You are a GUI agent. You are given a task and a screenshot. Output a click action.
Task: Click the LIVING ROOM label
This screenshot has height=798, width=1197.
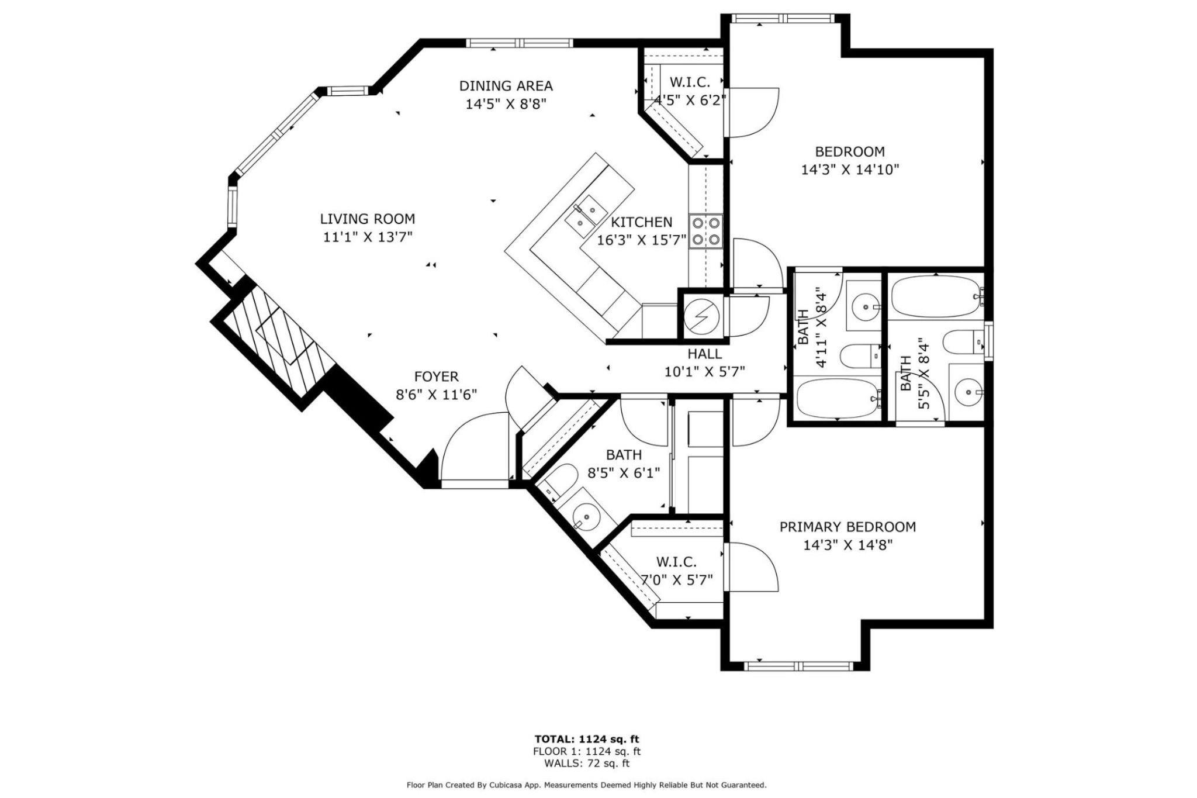click(x=368, y=219)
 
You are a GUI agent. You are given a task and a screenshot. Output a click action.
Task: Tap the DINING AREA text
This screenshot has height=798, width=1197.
click(x=506, y=86)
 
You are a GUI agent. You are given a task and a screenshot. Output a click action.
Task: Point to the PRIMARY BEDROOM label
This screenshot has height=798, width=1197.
click(x=847, y=527)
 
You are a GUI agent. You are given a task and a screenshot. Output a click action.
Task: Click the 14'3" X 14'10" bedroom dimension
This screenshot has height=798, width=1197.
click(x=850, y=170)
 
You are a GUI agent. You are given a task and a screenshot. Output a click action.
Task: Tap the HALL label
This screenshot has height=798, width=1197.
click(x=704, y=354)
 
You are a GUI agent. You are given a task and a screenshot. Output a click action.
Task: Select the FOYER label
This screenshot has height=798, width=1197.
click(x=437, y=377)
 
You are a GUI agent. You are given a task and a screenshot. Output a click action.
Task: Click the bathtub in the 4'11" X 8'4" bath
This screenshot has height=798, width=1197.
click(x=838, y=399)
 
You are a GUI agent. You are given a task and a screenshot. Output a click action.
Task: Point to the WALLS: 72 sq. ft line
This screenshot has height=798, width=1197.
click(x=587, y=763)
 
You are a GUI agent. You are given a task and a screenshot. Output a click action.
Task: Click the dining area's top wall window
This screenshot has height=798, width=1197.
click(x=520, y=43)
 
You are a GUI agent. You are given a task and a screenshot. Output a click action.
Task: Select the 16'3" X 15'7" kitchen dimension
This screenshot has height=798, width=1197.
click(x=641, y=240)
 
